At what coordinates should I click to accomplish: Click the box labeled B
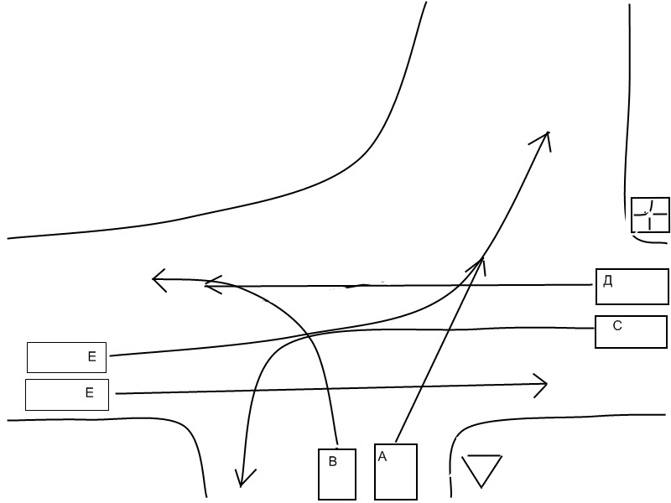(x=337, y=474)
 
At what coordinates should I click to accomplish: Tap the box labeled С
(x=632, y=331)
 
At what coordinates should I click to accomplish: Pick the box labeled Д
(x=632, y=286)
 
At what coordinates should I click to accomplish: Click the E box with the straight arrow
(x=67, y=394)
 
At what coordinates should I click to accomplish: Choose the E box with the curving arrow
(x=67, y=357)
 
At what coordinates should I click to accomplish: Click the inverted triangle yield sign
(x=481, y=469)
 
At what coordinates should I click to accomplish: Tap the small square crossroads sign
(x=651, y=215)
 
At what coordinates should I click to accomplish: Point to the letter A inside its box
(x=382, y=457)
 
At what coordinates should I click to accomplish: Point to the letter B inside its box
(x=332, y=462)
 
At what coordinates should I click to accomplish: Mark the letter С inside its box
(x=617, y=326)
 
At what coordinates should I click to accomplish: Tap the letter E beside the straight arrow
(x=90, y=392)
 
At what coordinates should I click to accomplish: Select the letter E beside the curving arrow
(x=92, y=357)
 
